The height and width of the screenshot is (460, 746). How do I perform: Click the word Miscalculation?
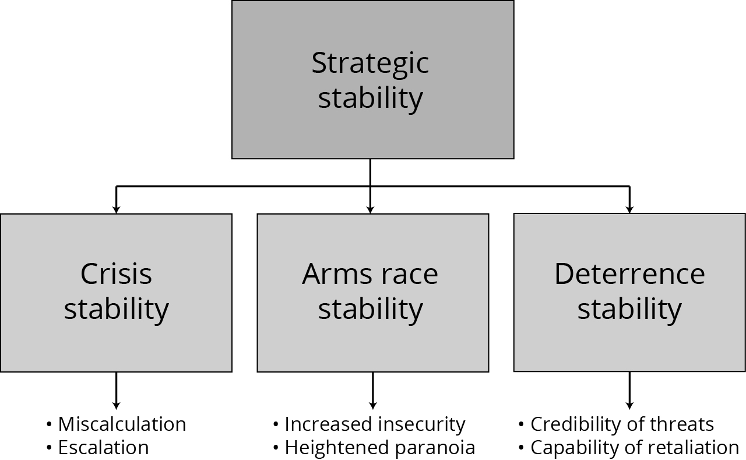[122, 424]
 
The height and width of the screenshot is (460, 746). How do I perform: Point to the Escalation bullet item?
[103, 448]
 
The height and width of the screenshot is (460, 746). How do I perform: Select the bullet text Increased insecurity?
[375, 424]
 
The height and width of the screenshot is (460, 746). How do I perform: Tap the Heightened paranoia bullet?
[379, 448]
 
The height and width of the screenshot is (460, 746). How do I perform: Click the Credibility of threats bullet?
[622, 424]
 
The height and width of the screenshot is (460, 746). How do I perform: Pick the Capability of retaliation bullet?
[634, 448]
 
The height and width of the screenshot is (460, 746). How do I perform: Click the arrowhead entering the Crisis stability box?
[116, 209]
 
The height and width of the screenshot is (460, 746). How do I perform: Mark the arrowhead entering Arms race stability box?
[370, 209]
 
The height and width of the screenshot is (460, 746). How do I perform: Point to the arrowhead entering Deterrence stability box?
[629, 209]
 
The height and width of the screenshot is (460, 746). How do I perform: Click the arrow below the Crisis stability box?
[116, 391]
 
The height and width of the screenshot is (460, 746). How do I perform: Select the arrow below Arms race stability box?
[373, 391]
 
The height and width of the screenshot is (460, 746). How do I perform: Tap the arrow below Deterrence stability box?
[629, 391]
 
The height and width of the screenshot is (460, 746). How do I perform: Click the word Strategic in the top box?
[370, 63]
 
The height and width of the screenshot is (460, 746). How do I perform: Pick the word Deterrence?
[629, 274]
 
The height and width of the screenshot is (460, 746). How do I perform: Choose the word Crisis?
[116, 274]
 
